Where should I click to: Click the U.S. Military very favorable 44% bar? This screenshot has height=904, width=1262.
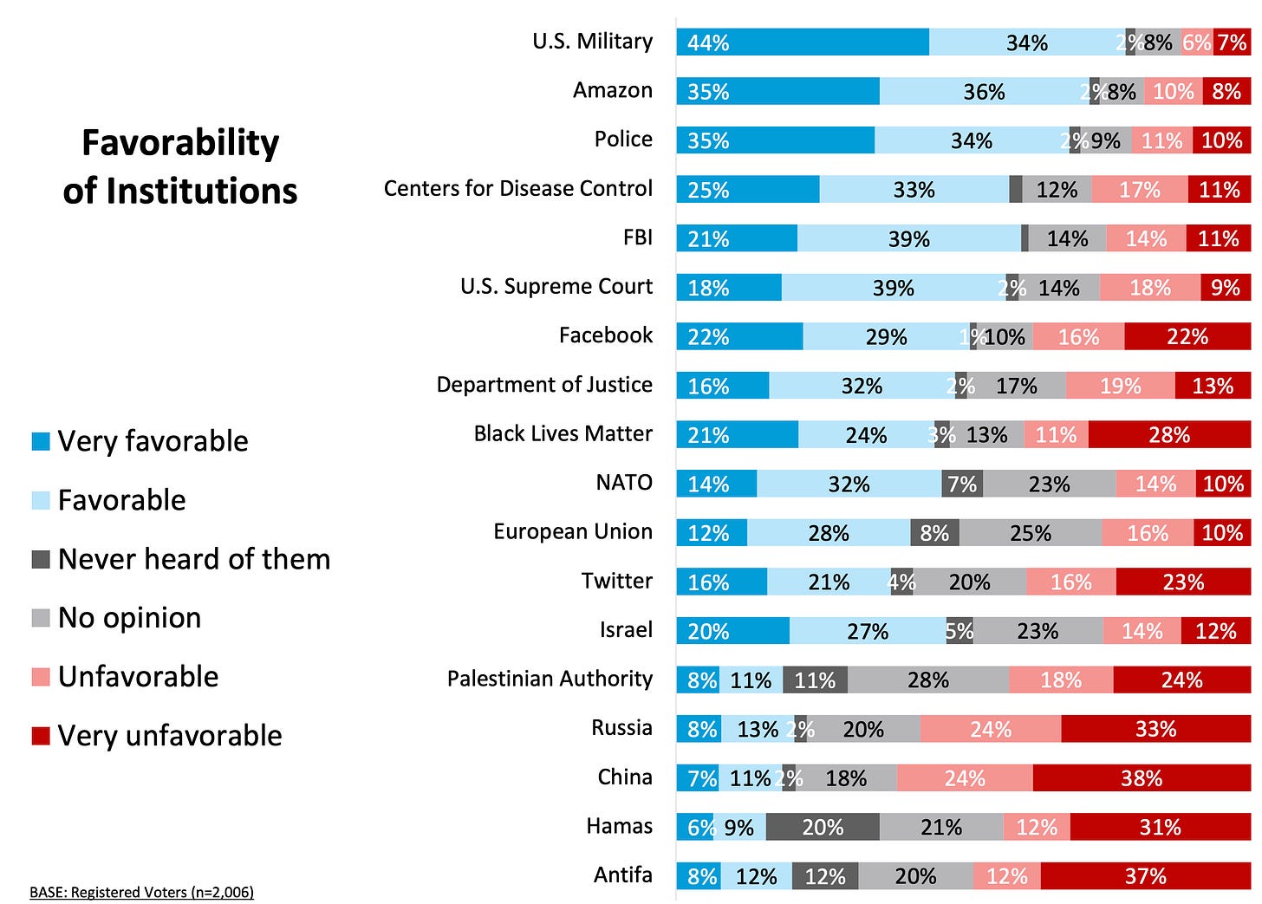click(x=803, y=42)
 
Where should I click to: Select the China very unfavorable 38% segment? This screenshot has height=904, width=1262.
click(x=1142, y=778)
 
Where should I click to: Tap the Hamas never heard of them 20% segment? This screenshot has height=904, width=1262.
click(x=823, y=828)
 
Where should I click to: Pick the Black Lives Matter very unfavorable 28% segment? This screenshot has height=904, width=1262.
click(x=1169, y=435)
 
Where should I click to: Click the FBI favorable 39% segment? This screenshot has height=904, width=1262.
click(x=909, y=238)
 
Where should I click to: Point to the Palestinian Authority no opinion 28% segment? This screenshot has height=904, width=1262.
click(x=928, y=680)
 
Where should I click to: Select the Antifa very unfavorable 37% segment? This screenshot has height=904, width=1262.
click(x=1145, y=876)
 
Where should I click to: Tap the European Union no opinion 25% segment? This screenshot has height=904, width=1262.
click(x=1031, y=533)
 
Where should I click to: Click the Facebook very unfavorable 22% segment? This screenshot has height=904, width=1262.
click(x=1187, y=336)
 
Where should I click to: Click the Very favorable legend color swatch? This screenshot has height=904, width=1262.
click(x=41, y=442)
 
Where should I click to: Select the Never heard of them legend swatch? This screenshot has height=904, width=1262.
click(x=41, y=560)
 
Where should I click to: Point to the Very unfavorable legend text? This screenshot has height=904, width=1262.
click(x=170, y=736)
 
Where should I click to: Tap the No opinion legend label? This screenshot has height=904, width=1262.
click(x=129, y=618)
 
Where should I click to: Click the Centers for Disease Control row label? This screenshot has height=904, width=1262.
click(x=517, y=189)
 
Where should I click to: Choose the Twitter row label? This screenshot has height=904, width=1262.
click(x=616, y=581)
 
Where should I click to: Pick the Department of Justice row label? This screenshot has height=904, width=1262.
click(x=544, y=385)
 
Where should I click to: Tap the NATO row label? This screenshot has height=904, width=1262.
click(x=623, y=483)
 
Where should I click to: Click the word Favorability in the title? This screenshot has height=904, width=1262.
click(x=180, y=143)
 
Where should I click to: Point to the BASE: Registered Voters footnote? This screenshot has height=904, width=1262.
click(x=141, y=892)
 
